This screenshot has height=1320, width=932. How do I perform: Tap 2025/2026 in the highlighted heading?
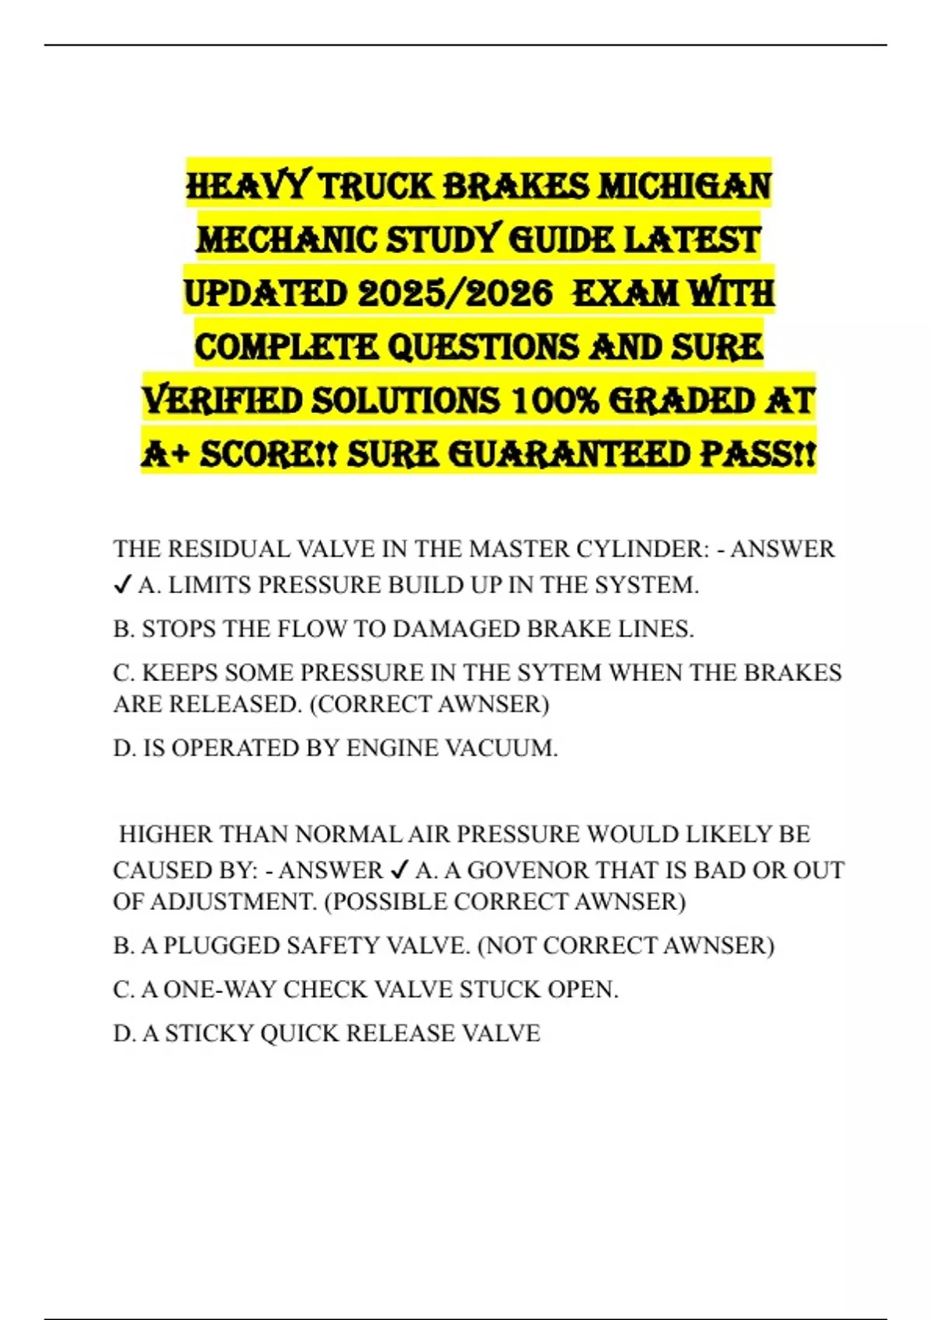tap(455, 294)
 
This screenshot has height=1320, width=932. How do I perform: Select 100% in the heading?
tap(555, 401)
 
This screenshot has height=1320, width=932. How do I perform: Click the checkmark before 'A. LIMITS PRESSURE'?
tap(122, 585)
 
